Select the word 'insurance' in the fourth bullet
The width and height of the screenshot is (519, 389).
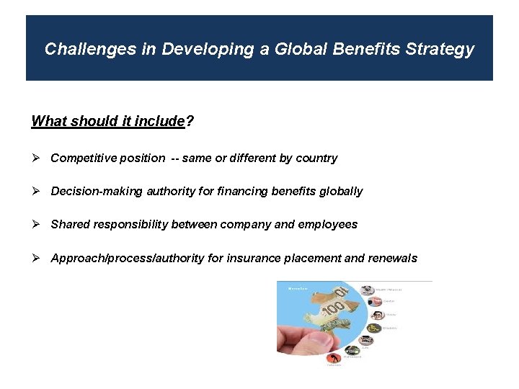coord(252,258)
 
